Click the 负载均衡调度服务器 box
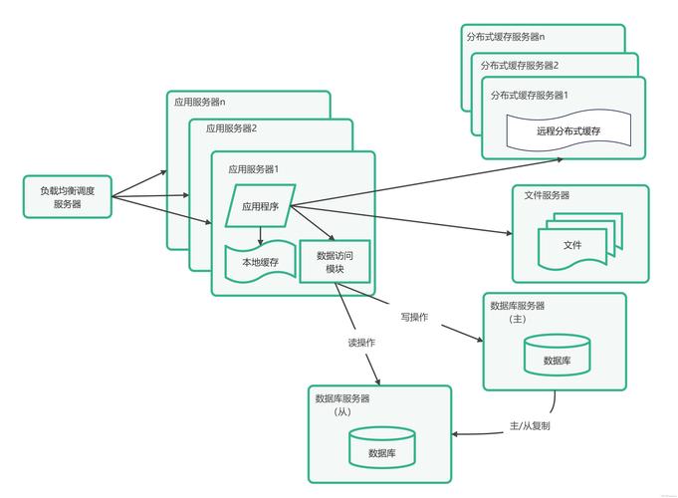click(68, 197)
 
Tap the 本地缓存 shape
click(261, 263)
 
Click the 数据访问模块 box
click(335, 262)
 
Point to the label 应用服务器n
click(200, 102)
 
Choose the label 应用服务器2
click(232, 128)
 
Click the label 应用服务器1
click(254, 169)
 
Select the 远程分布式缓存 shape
click(568, 130)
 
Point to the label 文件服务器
click(548, 195)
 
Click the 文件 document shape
click(572, 245)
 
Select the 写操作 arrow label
click(414, 317)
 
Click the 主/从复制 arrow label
click(530, 425)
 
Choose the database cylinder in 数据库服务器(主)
click(557, 356)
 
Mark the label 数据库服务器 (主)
click(518, 313)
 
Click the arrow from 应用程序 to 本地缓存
click(261, 235)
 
